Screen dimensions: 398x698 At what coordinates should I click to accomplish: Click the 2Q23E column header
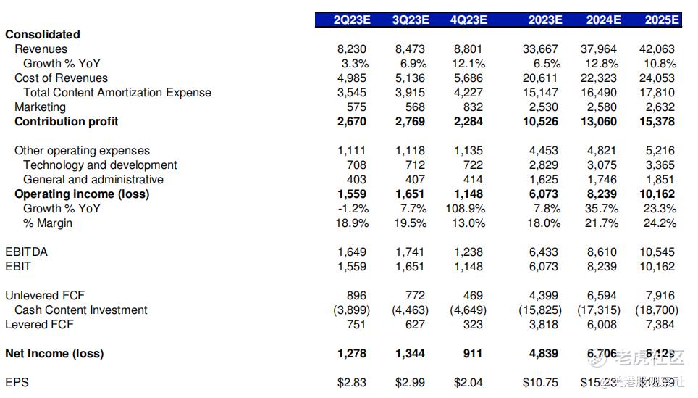pyautogui.click(x=352, y=20)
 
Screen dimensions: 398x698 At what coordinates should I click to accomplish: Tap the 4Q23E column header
pyautogui.click(x=468, y=20)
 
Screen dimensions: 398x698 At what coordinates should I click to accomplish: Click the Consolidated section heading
pyautogui.click(x=43, y=35)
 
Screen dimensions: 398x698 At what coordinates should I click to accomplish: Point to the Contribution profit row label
pyautogui.click(x=67, y=122)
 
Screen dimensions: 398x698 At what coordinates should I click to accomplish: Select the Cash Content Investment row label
pyautogui.click(x=81, y=310)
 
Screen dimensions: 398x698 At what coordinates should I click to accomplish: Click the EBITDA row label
pyautogui.click(x=27, y=252)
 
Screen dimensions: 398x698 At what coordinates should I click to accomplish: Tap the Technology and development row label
pyautogui.click(x=100, y=165)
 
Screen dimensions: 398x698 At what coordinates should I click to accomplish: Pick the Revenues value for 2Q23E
pyautogui.click(x=352, y=49)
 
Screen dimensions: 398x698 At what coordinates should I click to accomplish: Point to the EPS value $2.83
pyautogui.click(x=352, y=382)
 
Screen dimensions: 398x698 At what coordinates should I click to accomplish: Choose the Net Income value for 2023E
pyautogui.click(x=544, y=354)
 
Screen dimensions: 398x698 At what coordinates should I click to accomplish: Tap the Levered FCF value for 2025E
pyautogui.click(x=660, y=325)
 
